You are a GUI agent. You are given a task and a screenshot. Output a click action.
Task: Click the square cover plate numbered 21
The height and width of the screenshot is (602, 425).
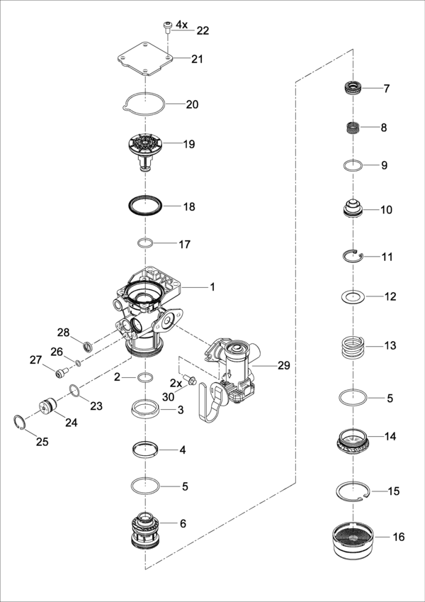coord(145,60)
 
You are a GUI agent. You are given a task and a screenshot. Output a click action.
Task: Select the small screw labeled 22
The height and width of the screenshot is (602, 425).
coord(167,27)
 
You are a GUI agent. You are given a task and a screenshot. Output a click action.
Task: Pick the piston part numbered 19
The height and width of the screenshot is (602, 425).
coord(146,147)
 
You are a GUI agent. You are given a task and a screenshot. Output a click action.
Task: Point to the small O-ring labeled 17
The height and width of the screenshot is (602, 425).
coord(145,244)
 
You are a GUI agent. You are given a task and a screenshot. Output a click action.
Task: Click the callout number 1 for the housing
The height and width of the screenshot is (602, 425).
coord(211,287)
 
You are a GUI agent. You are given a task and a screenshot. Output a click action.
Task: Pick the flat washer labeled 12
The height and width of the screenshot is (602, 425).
coord(353,296)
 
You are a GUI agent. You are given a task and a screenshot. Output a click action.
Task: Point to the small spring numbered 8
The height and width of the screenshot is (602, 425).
coord(353,129)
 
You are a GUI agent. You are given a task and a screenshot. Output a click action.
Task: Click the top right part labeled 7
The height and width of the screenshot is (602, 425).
coord(353,89)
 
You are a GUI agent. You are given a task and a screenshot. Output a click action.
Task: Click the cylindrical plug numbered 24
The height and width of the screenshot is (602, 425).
coord(49,409)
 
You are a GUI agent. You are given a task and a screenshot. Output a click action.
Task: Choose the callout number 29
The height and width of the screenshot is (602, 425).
coord(283,365)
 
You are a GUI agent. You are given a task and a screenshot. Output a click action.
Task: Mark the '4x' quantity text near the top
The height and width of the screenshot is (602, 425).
coord(182,25)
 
